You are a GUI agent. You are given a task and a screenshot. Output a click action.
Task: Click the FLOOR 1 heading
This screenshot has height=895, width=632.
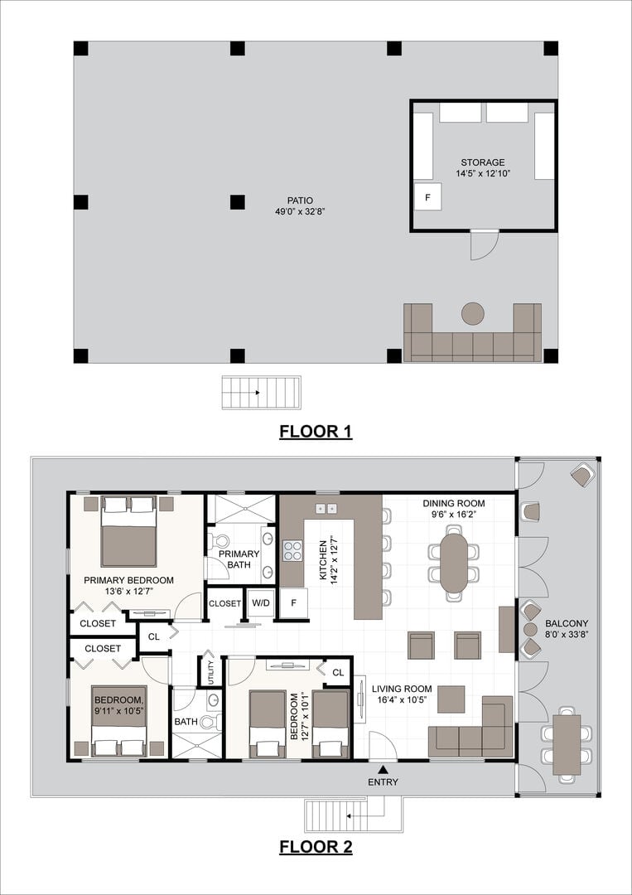point(316,432)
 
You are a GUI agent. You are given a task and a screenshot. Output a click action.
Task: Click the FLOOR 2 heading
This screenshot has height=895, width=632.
point(316,846)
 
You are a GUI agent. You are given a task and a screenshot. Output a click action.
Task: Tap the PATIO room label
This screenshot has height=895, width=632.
point(300,201)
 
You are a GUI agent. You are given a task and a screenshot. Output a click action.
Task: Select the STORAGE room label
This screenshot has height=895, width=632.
point(483,162)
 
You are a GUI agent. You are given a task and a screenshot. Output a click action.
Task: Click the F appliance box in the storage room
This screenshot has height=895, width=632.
point(427,196)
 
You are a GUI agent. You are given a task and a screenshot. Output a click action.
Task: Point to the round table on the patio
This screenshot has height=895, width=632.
point(473,313)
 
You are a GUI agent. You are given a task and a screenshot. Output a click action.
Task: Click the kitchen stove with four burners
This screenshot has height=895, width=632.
point(292,551)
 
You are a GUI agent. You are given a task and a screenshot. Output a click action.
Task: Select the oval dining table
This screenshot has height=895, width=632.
point(453,562)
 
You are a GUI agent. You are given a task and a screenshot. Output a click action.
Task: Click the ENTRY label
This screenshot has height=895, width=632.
point(383,782)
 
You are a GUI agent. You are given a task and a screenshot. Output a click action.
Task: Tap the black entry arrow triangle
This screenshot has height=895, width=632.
point(383,770)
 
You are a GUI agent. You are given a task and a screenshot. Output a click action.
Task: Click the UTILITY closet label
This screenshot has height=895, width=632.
point(210,670)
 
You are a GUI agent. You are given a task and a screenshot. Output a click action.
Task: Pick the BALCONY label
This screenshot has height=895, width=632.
point(567,623)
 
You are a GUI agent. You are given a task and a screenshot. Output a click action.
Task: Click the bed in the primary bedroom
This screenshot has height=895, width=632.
point(129,531)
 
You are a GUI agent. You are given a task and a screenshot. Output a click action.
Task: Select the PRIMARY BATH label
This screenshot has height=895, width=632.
point(239,559)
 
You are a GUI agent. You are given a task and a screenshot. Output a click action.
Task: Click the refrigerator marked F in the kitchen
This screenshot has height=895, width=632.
point(294,602)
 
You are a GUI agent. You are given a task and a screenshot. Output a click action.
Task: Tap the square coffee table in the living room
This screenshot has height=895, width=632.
point(451,699)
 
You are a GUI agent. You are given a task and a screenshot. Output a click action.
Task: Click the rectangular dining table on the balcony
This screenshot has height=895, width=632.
point(567,745)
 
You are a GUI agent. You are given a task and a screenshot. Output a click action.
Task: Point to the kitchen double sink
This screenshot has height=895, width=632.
point(326,509)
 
